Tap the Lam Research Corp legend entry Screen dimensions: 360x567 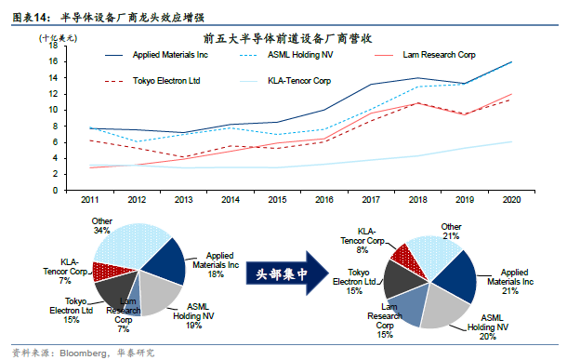pos(439,56)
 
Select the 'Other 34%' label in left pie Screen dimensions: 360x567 pos(101,225)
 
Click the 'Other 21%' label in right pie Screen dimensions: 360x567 pos(451,230)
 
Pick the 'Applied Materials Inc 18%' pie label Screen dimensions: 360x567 pos(220,263)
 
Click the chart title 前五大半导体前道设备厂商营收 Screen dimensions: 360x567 pos(288,37)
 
